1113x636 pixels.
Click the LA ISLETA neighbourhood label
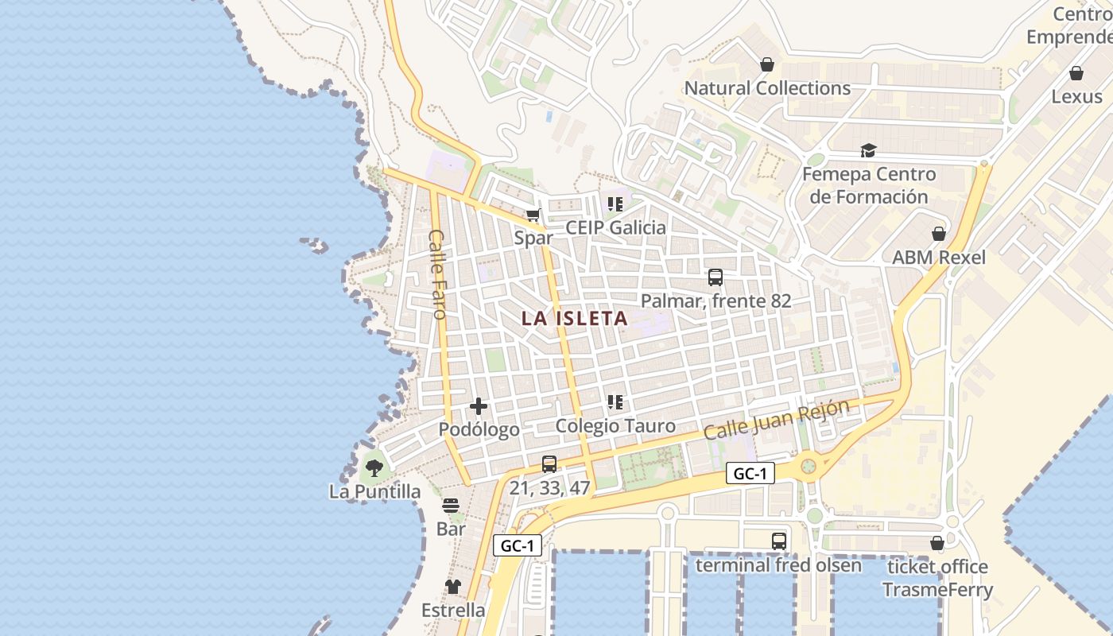pyautogui.click(x=575, y=319)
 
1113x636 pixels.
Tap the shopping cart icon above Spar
pyautogui.click(x=533, y=215)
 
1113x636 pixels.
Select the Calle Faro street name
pyautogui.click(x=437, y=274)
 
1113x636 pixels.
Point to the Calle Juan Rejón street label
pyautogui.click(x=776, y=419)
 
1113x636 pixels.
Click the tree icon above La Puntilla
pyautogui.click(x=374, y=467)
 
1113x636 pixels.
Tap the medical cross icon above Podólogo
pyautogui.click(x=479, y=406)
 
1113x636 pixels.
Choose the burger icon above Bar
pyautogui.click(x=451, y=506)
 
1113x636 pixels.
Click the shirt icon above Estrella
pyautogui.click(x=453, y=587)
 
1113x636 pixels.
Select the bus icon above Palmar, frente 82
pyautogui.click(x=715, y=277)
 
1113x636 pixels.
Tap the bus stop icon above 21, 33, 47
pyautogui.click(x=549, y=464)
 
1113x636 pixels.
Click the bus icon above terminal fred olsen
pyautogui.click(x=779, y=541)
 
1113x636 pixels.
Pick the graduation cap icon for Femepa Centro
pyautogui.click(x=868, y=150)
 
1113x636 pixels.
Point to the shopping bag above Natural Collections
pyautogui.click(x=767, y=64)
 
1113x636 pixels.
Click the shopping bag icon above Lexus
pyautogui.click(x=1076, y=73)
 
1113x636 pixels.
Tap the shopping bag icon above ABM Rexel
pyautogui.click(x=939, y=234)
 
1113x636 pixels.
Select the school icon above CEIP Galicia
pyautogui.click(x=615, y=204)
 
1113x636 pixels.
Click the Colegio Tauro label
pyautogui.click(x=615, y=426)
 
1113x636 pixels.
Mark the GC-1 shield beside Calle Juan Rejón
pyautogui.click(x=750, y=474)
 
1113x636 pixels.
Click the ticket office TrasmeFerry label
pyautogui.click(x=938, y=578)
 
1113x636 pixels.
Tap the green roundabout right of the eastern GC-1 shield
pyautogui.click(x=809, y=465)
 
